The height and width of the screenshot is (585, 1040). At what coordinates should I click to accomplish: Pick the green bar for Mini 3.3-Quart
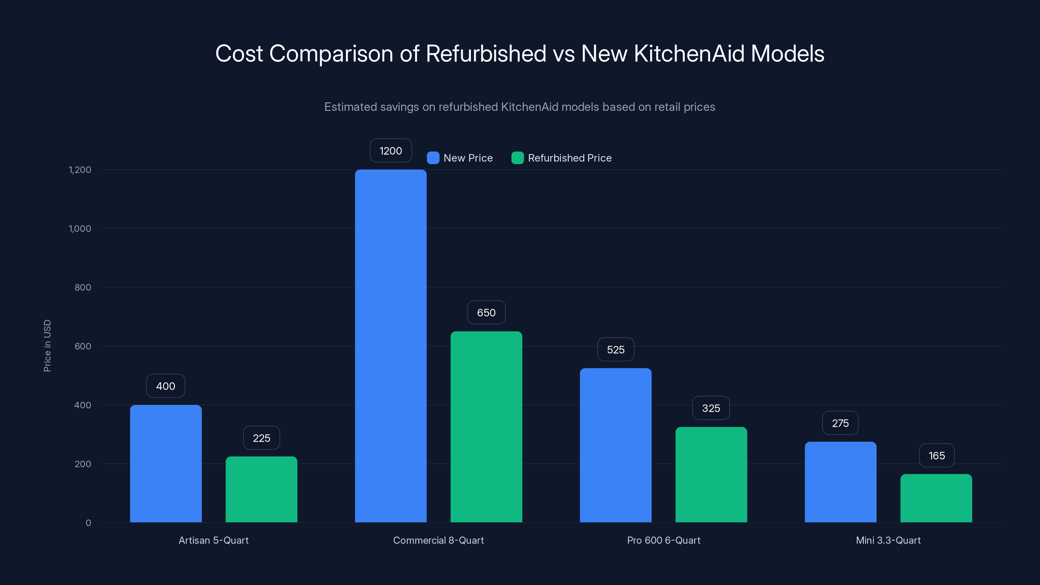[936, 498]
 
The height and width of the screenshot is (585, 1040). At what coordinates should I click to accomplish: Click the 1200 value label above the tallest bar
[390, 151]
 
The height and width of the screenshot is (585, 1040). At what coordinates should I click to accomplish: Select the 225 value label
[261, 438]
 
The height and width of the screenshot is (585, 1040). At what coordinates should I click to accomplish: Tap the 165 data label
[937, 456]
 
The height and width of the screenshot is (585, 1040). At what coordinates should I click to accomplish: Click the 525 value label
[615, 350]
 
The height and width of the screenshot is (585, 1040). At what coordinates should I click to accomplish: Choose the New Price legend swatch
[433, 158]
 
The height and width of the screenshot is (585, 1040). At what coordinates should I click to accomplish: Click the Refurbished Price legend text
[569, 158]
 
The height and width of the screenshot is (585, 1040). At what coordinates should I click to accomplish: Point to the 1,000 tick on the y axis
[80, 228]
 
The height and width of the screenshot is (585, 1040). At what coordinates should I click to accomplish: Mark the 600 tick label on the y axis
[83, 346]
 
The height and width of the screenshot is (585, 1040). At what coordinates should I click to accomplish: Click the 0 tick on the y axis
[88, 523]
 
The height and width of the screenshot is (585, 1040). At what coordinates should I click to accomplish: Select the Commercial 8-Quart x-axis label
[438, 540]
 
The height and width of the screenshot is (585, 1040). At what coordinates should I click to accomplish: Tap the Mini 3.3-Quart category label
[888, 540]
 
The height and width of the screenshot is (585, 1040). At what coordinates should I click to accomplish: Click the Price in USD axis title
[47, 345]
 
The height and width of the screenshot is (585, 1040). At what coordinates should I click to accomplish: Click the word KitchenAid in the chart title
[688, 54]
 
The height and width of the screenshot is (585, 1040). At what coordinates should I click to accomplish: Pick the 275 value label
[840, 423]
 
